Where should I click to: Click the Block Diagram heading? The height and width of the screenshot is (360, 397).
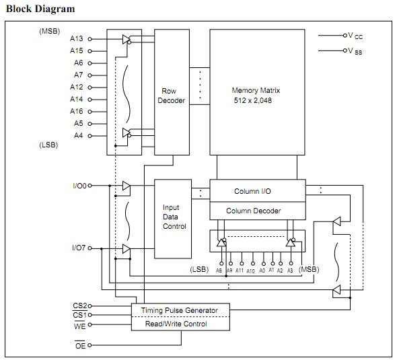click(40, 9)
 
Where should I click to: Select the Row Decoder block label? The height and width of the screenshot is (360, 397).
click(171, 96)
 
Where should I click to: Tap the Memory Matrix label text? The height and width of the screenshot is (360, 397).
click(256, 90)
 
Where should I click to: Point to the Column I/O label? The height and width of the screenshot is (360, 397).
click(252, 191)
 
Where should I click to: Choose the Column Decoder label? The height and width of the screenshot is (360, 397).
click(253, 211)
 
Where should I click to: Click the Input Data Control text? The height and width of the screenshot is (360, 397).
click(174, 217)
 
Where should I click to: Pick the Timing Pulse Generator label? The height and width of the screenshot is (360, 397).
click(179, 310)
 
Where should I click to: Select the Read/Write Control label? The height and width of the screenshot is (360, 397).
click(176, 324)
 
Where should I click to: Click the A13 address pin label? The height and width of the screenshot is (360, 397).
click(76, 38)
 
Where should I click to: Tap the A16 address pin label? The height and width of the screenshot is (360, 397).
click(76, 111)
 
